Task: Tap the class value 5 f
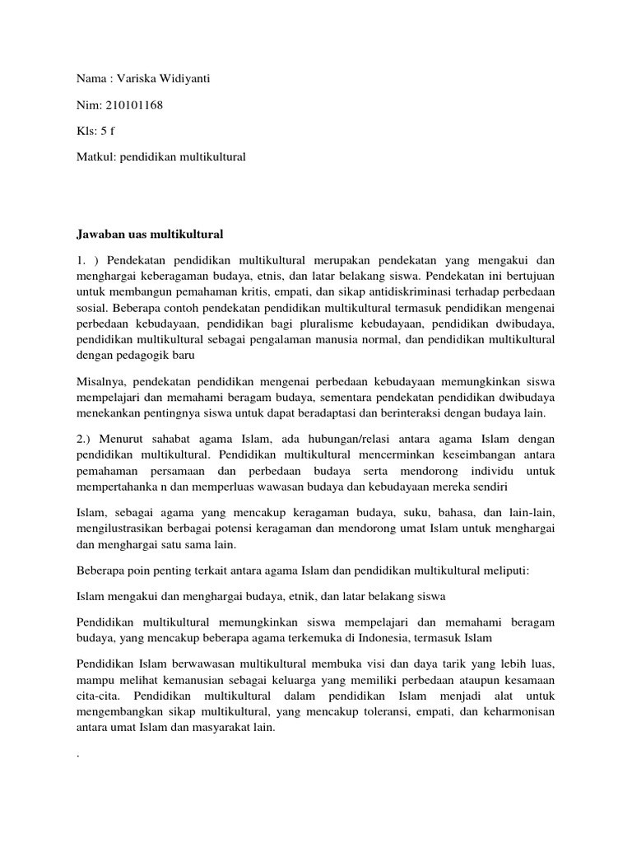tap(105, 129)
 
